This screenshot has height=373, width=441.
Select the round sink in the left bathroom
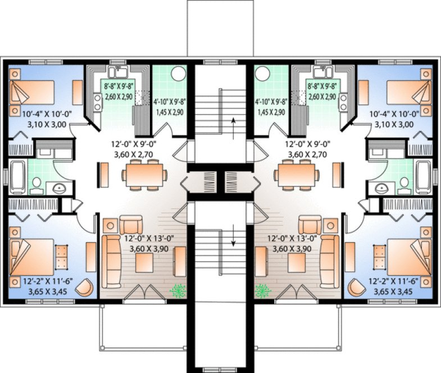click(x=57, y=188)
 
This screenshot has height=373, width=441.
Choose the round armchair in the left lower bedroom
click(x=85, y=288)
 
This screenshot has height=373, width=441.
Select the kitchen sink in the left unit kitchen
click(x=119, y=72)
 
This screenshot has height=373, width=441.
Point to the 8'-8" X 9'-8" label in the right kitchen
click(x=322, y=87)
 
